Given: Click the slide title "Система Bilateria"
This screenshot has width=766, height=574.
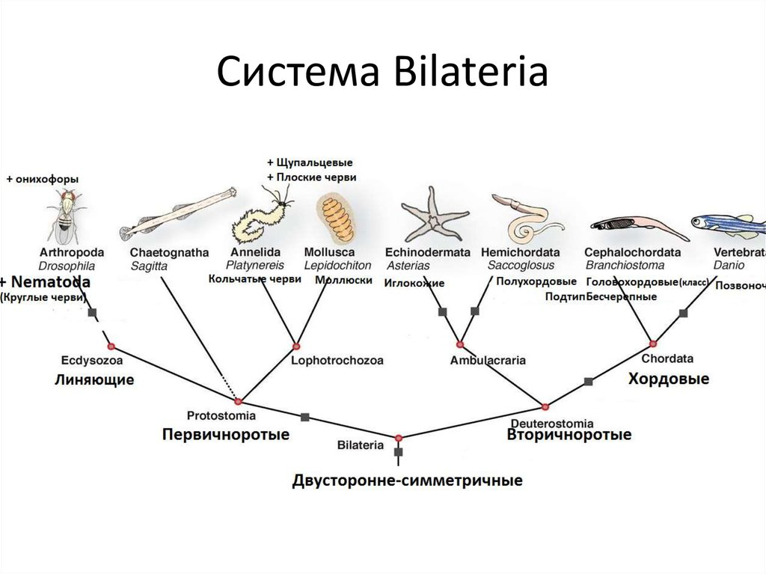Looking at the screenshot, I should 382,74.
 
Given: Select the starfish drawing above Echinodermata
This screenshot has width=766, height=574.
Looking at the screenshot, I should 432,214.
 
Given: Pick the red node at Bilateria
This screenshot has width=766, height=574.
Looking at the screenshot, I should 399,437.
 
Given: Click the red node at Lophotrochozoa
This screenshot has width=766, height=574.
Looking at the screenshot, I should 296,346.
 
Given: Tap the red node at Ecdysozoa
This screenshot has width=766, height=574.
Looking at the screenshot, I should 111,346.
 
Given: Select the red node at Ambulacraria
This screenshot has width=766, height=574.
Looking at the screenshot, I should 460,345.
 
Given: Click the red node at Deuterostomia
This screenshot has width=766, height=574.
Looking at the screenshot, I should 545,406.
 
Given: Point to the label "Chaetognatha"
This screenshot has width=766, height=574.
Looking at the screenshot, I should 168,252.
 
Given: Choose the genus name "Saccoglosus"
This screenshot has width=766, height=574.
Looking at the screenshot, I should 521,265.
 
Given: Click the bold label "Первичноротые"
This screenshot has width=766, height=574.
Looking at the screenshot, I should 226,434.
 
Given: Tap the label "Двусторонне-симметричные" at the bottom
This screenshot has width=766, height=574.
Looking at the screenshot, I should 407,480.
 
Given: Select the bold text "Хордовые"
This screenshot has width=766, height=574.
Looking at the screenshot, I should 668,379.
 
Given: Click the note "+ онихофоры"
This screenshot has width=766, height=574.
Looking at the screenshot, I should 42,179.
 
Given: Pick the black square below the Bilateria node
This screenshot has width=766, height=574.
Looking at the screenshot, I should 399,453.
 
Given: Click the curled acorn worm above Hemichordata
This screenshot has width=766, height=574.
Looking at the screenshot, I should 527,218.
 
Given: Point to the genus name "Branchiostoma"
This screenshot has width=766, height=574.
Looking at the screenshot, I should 620,265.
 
